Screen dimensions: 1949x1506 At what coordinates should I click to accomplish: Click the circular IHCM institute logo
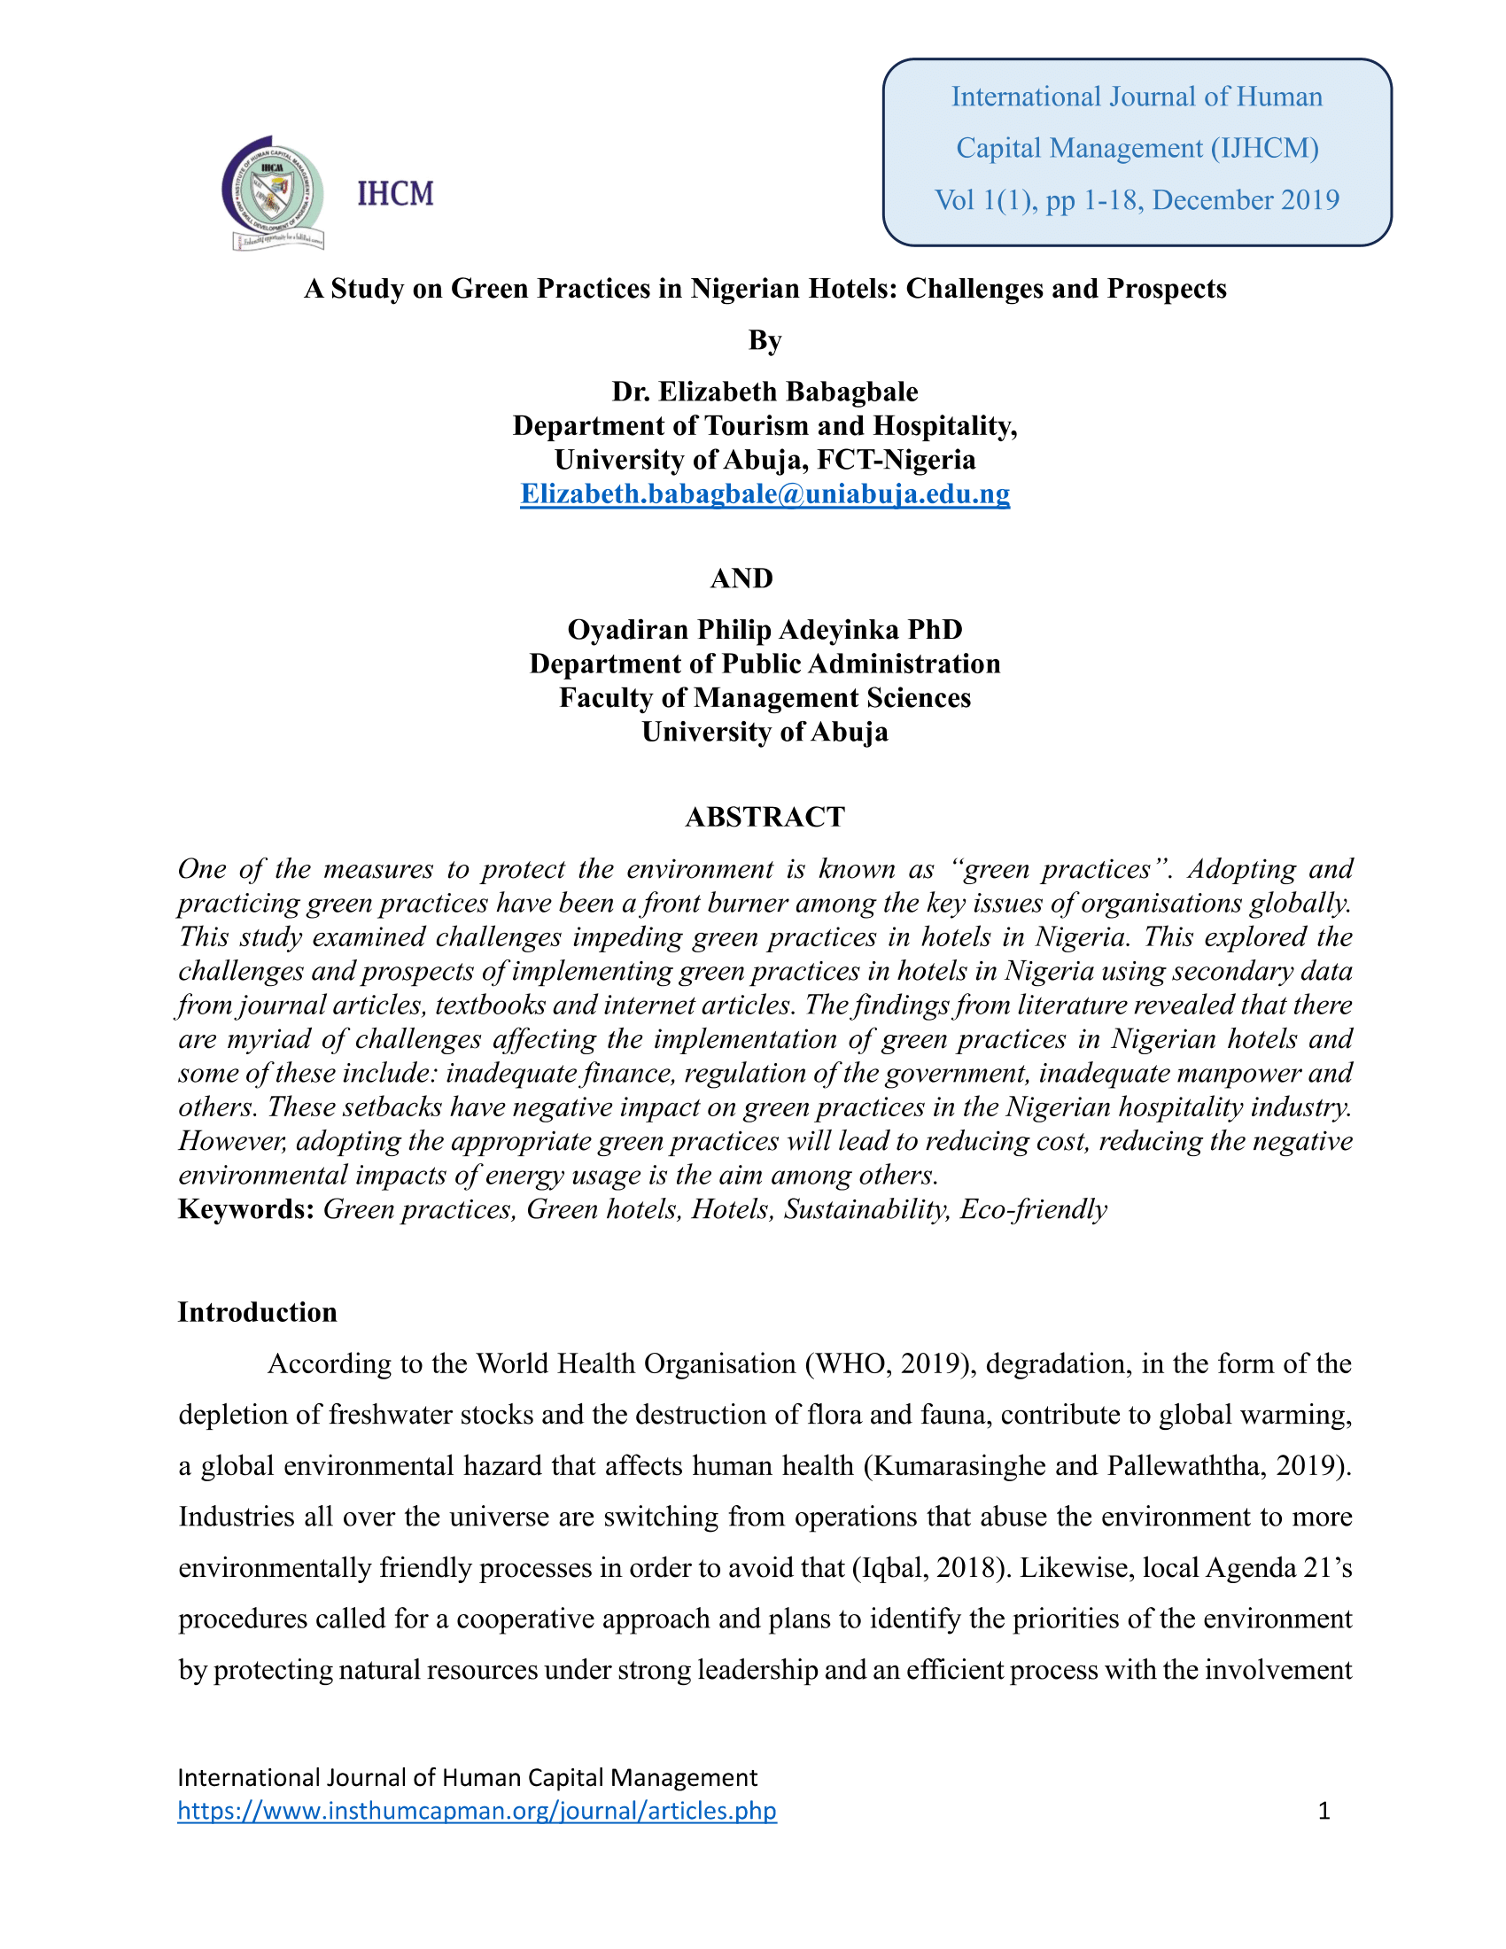click(273, 192)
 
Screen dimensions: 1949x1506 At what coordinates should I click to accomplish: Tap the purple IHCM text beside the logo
click(395, 194)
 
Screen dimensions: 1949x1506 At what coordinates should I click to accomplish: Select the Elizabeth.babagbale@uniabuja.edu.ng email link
click(765, 493)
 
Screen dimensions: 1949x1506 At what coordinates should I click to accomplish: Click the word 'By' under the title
click(765, 340)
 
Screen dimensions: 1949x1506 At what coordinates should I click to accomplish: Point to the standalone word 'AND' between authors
click(741, 578)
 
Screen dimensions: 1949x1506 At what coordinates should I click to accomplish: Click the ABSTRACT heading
click(765, 817)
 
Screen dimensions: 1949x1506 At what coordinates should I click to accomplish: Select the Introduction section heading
click(257, 1312)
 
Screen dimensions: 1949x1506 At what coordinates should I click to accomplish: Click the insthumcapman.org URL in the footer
click(477, 1811)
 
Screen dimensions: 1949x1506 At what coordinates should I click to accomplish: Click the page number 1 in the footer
click(1324, 1811)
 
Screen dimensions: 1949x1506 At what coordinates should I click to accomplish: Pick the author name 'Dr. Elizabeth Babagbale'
click(765, 392)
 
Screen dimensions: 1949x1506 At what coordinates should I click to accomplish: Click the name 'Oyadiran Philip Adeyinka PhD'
click(765, 630)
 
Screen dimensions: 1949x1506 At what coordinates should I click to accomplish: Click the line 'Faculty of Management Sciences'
click(765, 698)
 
